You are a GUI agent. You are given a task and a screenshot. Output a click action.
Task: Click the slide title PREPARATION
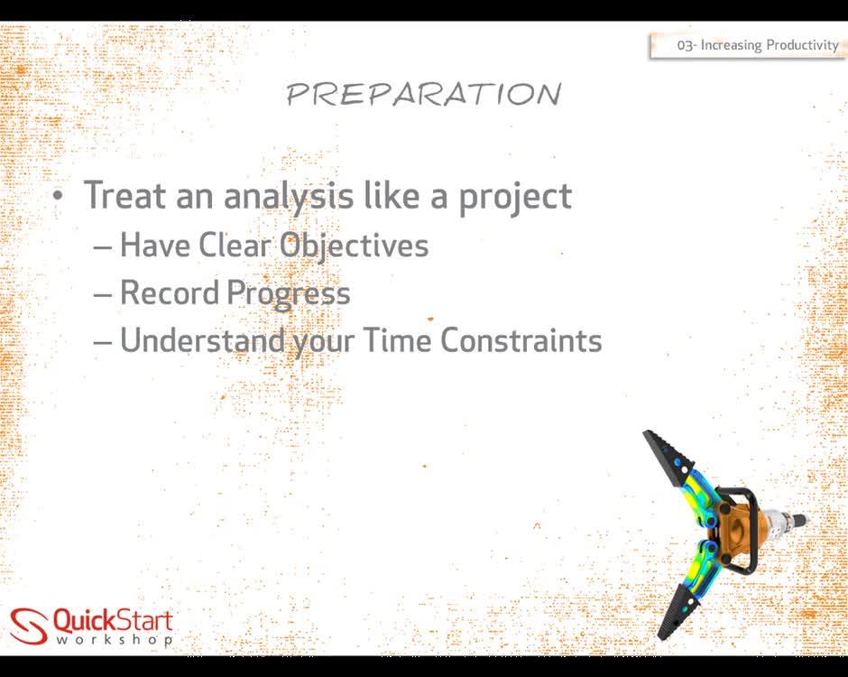(x=423, y=94)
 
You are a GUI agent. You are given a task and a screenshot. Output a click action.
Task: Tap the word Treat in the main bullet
(x=125, y=196)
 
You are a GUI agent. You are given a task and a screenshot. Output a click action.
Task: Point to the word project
(x=515, y=196)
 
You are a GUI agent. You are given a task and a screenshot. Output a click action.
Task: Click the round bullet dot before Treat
(x=59, y=196)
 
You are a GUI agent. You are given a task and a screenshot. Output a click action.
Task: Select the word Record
(x=170, y=292)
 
